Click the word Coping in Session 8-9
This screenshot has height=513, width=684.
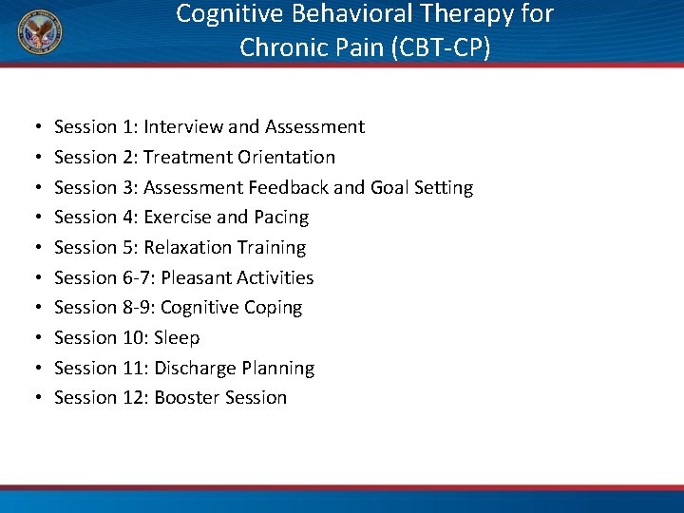click(x=274, y=308)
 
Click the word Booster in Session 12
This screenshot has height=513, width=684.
click(x=183, y=398)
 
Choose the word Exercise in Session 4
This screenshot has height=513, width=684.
click(x=178, y=218)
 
